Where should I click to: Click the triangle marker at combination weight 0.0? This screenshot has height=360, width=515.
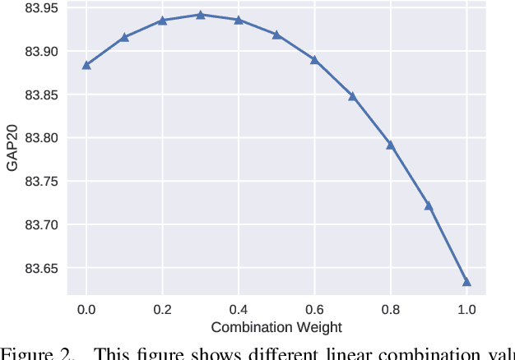pos(86,65)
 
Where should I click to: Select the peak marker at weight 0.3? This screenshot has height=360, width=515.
pos(200,15)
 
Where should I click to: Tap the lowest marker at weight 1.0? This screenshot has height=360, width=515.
pos(466,282)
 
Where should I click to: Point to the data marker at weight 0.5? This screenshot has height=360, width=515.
pos(276,35)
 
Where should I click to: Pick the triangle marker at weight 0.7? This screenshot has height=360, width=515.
pos(352,96)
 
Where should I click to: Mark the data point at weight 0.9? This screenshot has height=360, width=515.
pos(429,205)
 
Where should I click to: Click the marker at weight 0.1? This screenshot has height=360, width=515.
pos(124,37)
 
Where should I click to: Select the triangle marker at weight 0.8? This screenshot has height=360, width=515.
pos(391,145)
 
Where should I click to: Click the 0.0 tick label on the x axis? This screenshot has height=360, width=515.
pos(86,310)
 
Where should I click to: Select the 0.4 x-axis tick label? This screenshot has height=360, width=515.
pos(239,310)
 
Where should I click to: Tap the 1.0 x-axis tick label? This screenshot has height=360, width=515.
pos(466,310)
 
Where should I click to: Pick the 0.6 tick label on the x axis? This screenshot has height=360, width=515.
pos(314,310)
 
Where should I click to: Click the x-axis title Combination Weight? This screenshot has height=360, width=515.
pos(276,327)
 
